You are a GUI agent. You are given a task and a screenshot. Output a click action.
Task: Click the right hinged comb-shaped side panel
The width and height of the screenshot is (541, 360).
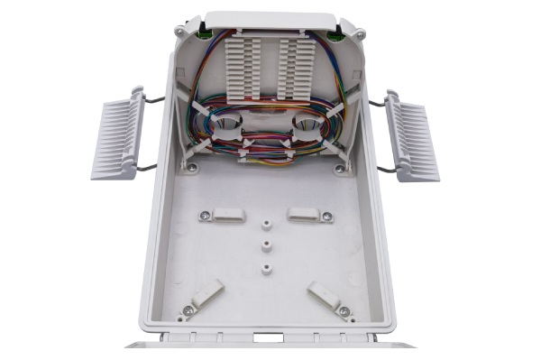412,135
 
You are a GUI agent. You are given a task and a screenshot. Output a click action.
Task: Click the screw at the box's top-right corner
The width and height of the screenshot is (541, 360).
361,33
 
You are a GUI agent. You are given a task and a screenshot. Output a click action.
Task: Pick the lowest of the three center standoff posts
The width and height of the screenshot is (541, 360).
268,268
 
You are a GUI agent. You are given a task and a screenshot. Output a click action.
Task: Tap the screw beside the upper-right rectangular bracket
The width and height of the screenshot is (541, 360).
326,217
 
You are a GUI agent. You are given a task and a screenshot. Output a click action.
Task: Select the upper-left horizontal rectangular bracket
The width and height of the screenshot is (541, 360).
227,215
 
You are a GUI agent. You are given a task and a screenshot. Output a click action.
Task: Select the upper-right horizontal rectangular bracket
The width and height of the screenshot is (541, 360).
305,216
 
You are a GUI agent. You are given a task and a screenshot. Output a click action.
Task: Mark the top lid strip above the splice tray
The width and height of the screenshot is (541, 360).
270,20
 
